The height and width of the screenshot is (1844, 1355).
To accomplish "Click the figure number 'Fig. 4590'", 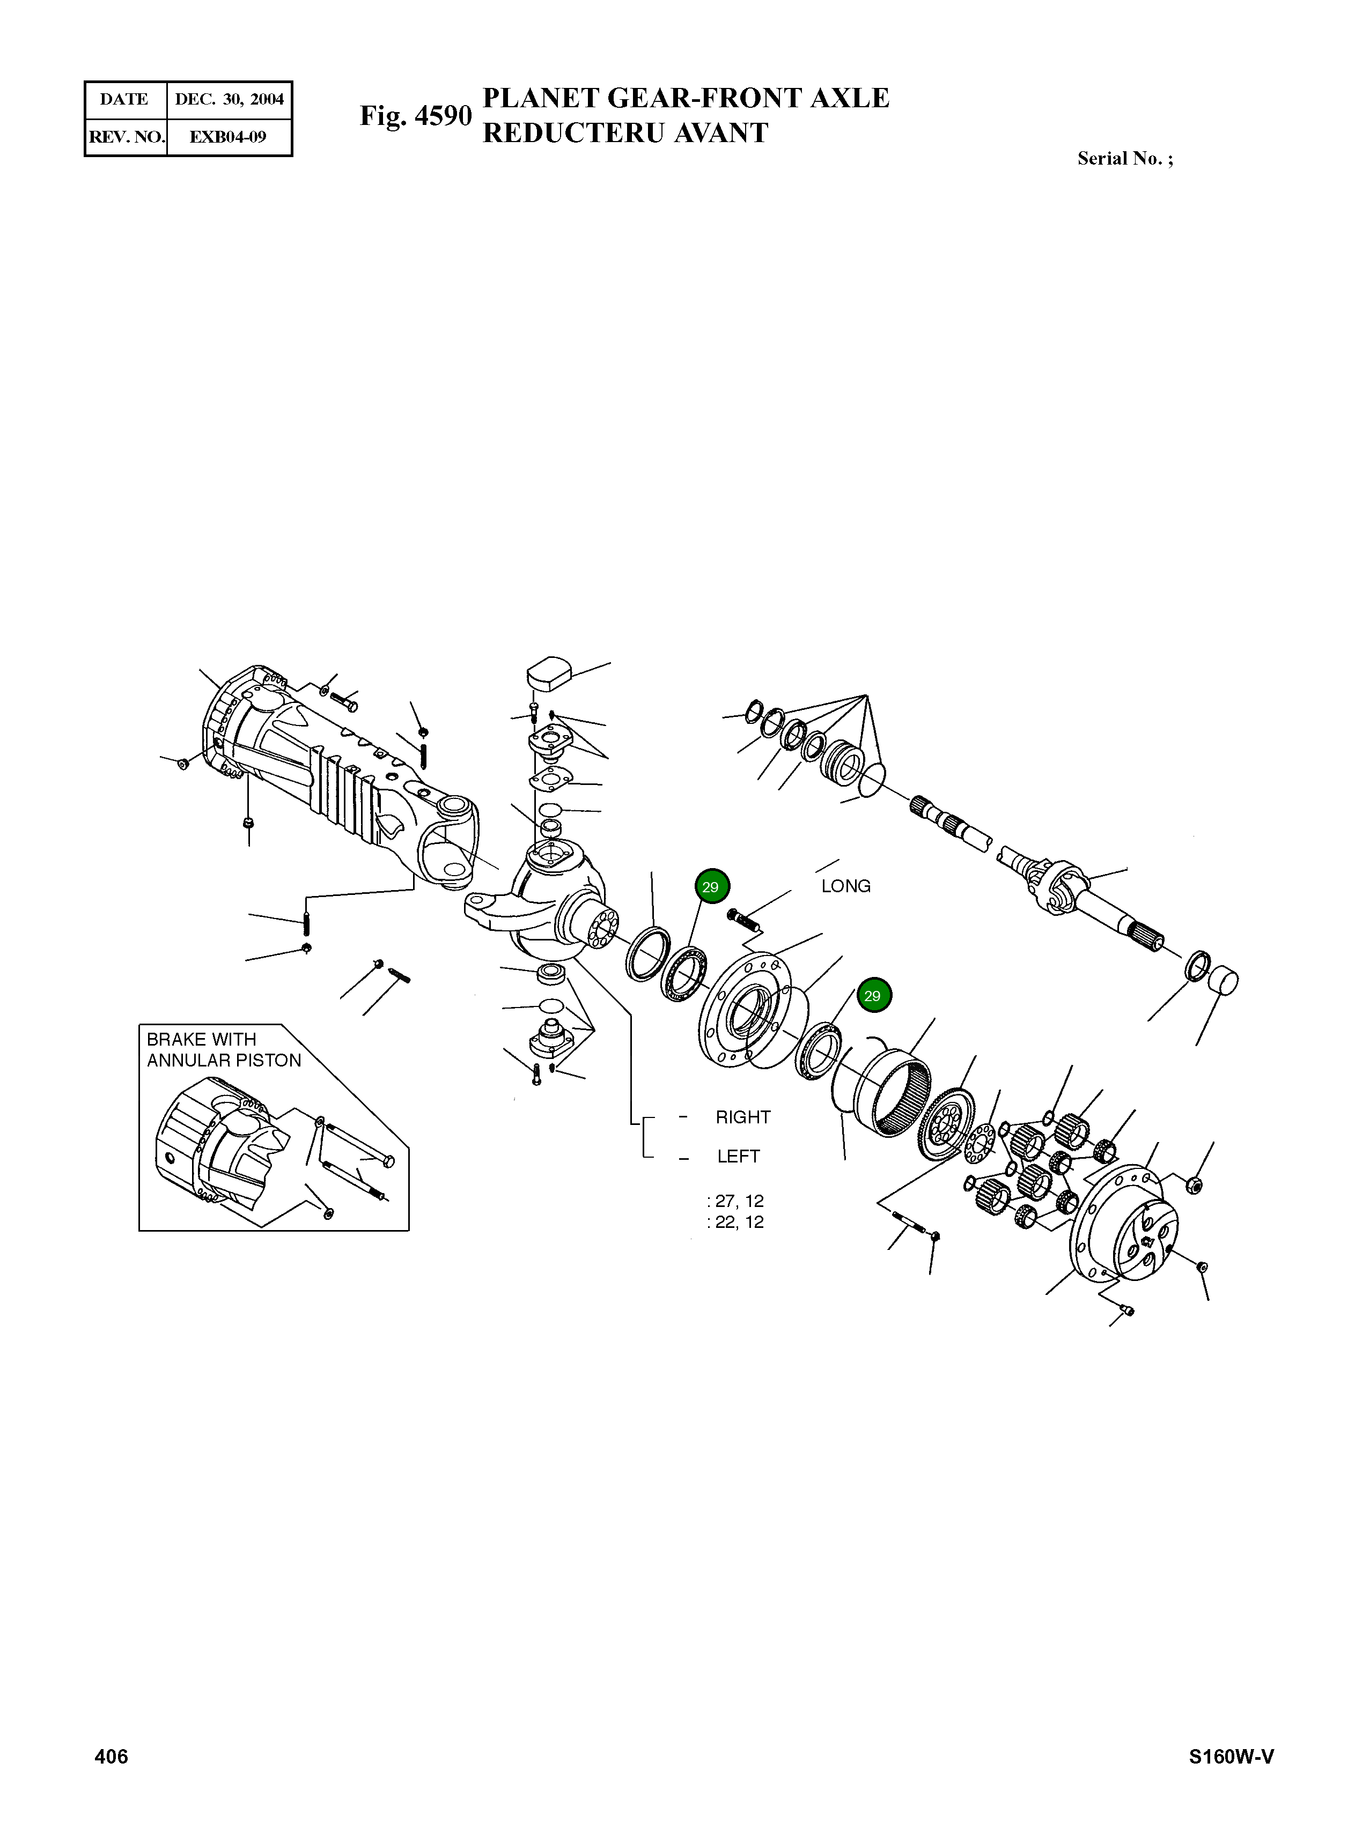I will (416, 116).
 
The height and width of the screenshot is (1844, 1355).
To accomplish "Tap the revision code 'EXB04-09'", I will (228, 137).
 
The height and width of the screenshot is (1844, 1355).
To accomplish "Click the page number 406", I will (112, 1756).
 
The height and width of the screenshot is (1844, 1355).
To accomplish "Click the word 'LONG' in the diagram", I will (845, 886).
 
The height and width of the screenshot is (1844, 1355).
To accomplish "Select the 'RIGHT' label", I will (743, 1117).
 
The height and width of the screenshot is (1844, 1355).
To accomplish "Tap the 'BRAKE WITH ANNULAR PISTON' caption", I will (224, 1049).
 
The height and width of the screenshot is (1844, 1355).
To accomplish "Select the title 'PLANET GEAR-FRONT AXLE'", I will (686, 98).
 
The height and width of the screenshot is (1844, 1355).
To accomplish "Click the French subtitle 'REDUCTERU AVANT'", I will (625, 133).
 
